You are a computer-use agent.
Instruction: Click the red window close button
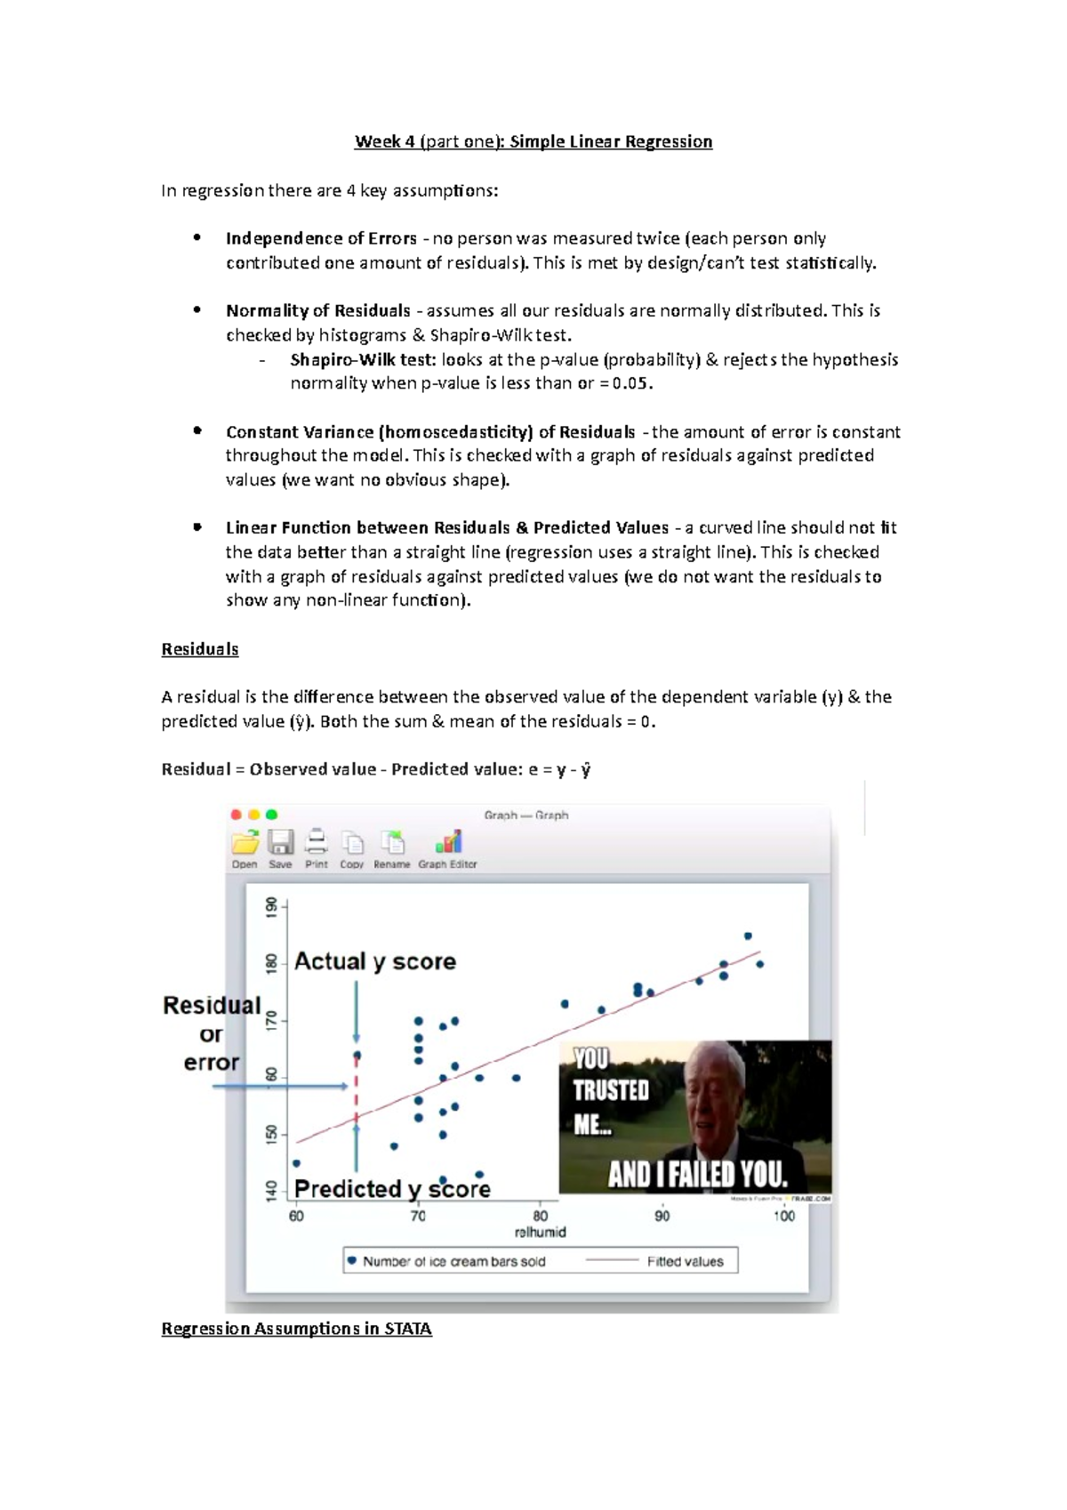click(237, 815)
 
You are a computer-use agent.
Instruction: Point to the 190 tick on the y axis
click(272, 907)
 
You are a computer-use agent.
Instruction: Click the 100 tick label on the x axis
click(783, 1216)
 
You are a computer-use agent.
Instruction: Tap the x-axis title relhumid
click(540, 1233)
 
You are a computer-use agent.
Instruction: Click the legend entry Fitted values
click(685, 1261)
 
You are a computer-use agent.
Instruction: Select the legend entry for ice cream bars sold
click(453, 1261)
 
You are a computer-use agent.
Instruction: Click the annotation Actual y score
click(374, 961)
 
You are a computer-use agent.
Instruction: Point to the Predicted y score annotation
click(392, 1189)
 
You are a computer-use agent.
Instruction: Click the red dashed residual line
click(357, 1088)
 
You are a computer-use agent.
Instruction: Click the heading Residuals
click(200, 649)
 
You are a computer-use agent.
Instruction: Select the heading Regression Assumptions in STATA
click(296, 1329)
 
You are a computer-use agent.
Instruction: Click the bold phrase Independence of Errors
click(321, 238)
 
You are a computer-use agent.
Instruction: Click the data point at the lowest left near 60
click(297, 1163)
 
